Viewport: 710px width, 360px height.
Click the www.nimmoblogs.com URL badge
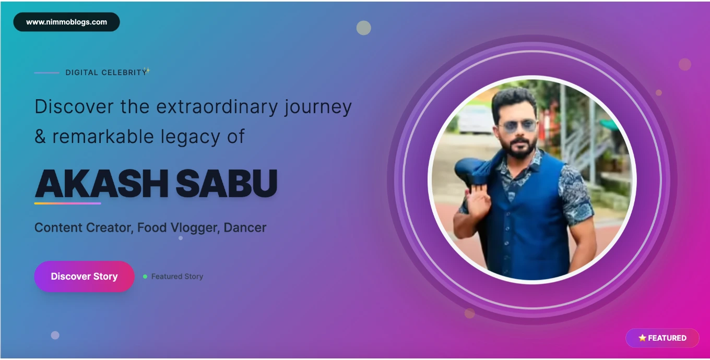[67, 22]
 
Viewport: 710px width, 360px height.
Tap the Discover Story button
[85, 277]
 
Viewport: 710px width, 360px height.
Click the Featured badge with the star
[662, 338]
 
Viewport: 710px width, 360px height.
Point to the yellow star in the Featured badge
[642, 338]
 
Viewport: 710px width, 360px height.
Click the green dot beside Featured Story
[145, 277]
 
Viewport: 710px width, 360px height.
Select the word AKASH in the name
[101, 183]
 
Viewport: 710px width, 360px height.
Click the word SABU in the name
[227, 183]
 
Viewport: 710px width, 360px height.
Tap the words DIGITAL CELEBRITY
[106, 73]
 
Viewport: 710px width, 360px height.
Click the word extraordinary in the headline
[217, 107]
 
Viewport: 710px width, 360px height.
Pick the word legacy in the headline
[190, 137]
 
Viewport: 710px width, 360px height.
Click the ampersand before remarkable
[40, 137]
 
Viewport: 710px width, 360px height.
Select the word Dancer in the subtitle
[245, 227]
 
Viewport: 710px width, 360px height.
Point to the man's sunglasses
[517, 126]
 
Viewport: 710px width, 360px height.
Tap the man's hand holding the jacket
[478, 199]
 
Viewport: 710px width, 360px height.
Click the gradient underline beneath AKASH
[67, 203]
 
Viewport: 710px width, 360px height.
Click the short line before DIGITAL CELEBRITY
[46, 73]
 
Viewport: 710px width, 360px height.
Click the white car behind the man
[475, 119]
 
